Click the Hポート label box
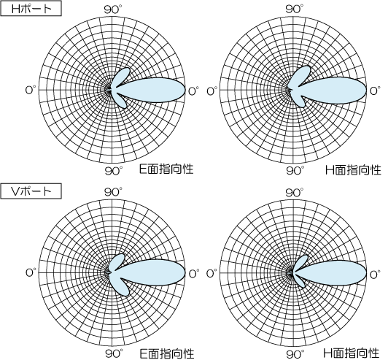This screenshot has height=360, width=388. coord(31,9)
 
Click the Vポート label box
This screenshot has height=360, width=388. coord(31,191)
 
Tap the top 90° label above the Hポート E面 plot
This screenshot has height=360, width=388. coord(113,9)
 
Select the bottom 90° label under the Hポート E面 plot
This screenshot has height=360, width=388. coord(113,171)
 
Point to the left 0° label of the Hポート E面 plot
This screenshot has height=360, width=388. coord(31,91)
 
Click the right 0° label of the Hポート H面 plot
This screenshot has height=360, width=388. coord(375,91)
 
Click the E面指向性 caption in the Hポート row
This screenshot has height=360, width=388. coord(166,169)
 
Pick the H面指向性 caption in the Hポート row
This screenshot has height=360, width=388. coord(353,170)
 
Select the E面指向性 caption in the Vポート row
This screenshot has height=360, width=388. coord(167,353)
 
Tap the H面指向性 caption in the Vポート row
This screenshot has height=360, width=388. coord(352,353)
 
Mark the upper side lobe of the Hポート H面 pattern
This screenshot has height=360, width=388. coord(301,75)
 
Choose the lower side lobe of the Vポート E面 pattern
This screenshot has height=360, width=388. coord(122,286)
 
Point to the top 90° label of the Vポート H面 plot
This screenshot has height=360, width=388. coord(295,192)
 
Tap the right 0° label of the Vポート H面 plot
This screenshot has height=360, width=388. coord(375,274)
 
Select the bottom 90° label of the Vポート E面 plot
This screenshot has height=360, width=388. coord(114,353)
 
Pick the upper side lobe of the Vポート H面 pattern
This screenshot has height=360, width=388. coord(301,263)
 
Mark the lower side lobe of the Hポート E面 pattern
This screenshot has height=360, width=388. coord(121,99)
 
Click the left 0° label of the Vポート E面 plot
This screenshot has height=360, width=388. coord(31,273)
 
